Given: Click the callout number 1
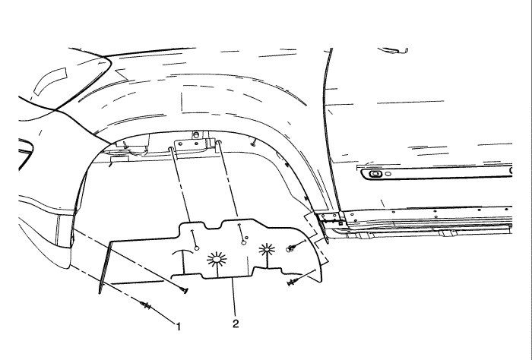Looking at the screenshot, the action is coord(179,327).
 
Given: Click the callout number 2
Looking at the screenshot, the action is coord(236,324).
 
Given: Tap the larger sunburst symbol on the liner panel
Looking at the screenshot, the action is coord(217,259).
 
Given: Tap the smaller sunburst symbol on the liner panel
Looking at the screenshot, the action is coord(267,250).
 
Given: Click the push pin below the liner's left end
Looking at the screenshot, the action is coord(184,290).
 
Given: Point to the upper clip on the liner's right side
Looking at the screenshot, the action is coord(291,248).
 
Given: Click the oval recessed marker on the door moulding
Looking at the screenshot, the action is coord(375,174).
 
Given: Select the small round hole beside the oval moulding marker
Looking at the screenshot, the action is coord(388,174).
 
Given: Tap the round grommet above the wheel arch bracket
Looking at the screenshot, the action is coord(196,135).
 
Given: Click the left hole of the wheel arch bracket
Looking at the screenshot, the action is coord(180,144).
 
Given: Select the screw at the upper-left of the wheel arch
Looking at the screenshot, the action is coord(125,145).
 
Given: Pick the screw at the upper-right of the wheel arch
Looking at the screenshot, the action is coord(253,143).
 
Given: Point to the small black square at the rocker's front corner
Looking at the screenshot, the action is coord(340,223).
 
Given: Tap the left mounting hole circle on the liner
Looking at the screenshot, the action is coord(196,248).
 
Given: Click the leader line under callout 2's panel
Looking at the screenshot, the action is coord(233,297).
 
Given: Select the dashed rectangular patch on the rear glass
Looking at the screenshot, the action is coord(50,81).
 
